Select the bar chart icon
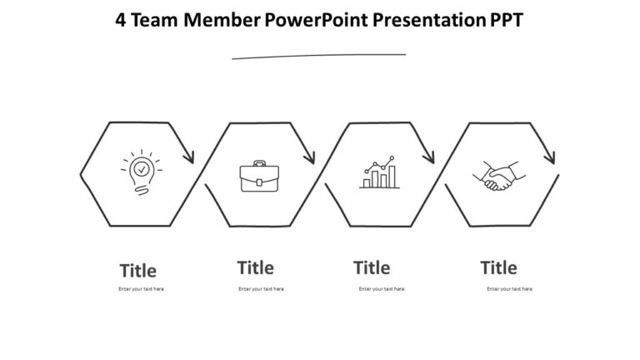[x=380, y=173]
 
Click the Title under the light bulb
[x=138, y=271]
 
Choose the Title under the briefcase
[x=255, y=267]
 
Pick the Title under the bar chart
[x=372, y=267]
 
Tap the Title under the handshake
[x=498, y=267]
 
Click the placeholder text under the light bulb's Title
[x=141, y=289]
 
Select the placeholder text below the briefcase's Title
[x=261, y=289]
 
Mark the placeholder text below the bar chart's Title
[x=382, y=289]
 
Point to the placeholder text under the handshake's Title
[x=509, y=289]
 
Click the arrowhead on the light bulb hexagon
[x=189, y=156]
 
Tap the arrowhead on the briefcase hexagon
[x=310, y=156]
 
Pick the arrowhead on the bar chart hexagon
[x=430, y=156]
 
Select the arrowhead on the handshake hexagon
[x=550, y=156]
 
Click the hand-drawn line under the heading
[x=319, y=56]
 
